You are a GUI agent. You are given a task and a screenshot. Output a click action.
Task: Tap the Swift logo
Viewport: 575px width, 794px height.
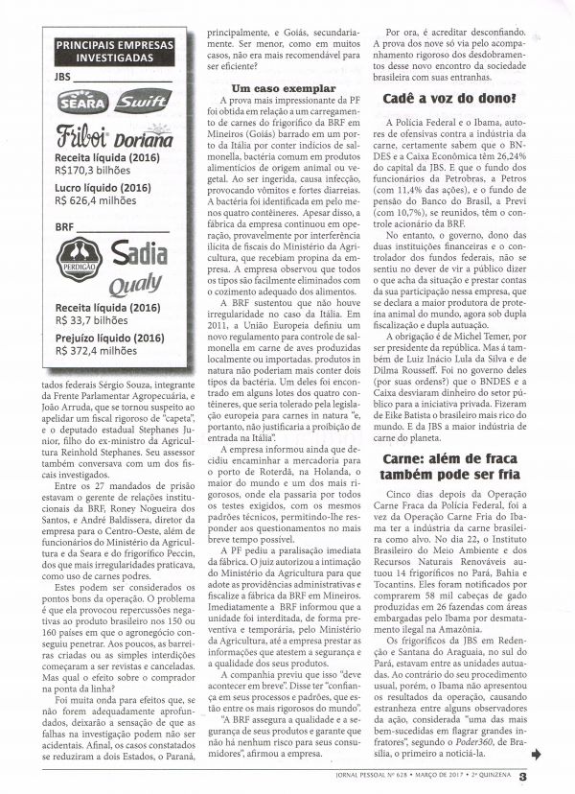point(141,100)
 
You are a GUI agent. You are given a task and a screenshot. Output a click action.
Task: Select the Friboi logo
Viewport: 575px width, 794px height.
point(83,133)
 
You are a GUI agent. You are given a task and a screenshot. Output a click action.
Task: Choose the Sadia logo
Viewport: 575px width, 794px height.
point(140,252)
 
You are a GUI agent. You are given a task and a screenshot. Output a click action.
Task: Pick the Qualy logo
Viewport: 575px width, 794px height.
point(133,285)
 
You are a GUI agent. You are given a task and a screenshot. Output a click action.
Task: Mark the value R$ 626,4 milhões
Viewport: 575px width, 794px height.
point(100,201)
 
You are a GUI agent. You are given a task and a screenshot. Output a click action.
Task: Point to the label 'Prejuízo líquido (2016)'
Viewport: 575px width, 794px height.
point(112,338)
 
